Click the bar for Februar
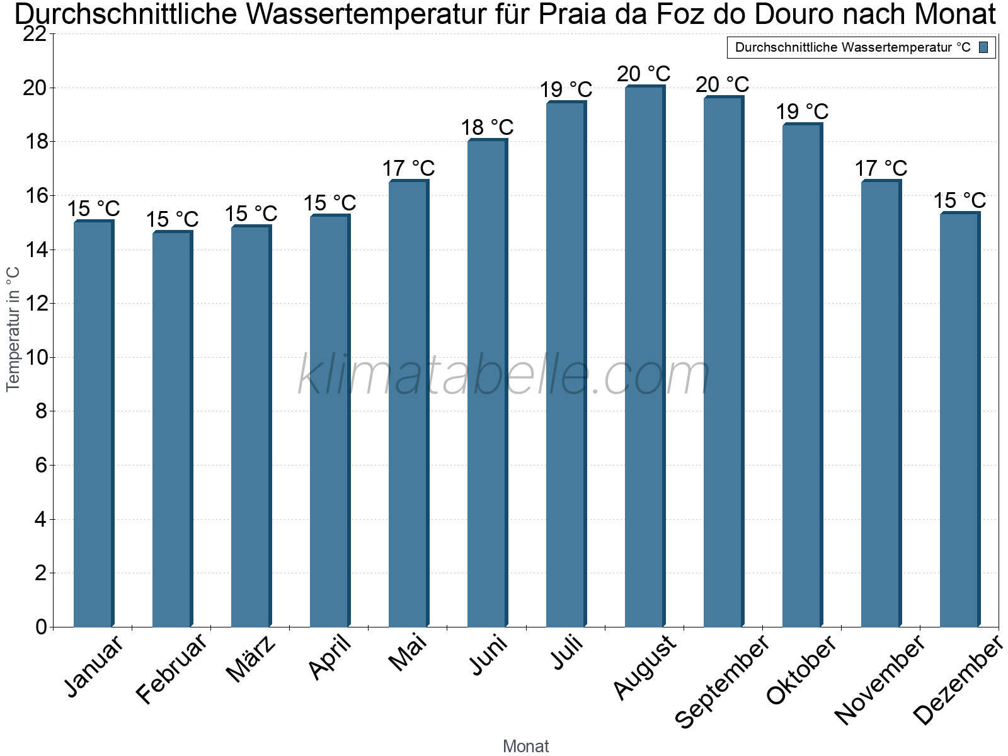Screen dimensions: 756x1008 click(x=172, y=428)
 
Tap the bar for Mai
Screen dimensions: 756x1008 click(x=408, y=403)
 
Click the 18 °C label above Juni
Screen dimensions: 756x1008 click(x=487, y=128)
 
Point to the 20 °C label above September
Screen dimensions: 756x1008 click(x=723, y=84)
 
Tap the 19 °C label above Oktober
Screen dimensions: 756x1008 click(x=802, y=112)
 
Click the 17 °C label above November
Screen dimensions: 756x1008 click(x=881, y=169)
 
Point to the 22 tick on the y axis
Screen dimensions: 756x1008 click(x=35, y=34)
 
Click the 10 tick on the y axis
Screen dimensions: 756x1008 click(x=35, y=358)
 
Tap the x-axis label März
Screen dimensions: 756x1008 click(x=251, y=659)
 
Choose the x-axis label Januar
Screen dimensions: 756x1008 click(x=94, y=667)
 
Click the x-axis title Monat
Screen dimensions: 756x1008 click(x=526, y=747)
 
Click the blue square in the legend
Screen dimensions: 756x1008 click(x=983, y=47)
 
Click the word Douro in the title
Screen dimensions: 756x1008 click(x=796, y=15)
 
